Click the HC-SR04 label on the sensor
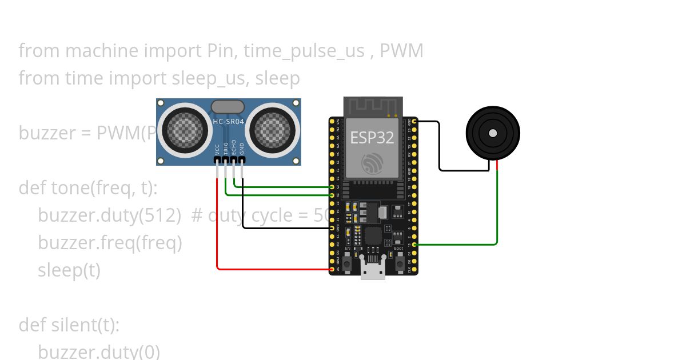228,121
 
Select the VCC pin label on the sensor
217,149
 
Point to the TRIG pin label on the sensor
226,148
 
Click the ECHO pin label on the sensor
234,147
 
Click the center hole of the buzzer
492,133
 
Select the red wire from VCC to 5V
217,229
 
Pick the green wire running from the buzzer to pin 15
497,211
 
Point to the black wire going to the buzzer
439,149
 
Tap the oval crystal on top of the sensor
228,106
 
